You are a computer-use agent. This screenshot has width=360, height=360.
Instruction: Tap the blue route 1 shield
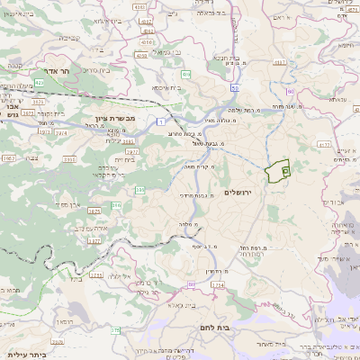(x=159, y=120)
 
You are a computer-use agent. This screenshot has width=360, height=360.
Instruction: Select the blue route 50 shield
(x=235, y=88)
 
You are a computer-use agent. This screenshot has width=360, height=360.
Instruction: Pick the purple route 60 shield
(x=290, y=92)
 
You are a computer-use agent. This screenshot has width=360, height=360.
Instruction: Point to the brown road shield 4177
(x=324, y=143)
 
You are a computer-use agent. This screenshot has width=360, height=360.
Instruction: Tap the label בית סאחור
(x=269, y=344)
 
